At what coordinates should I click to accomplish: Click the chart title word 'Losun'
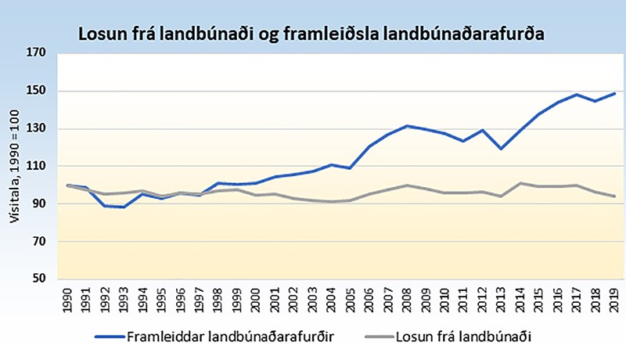point(99,34)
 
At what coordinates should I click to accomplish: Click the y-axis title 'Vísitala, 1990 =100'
point(14,166)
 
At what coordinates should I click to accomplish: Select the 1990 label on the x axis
point(69,301)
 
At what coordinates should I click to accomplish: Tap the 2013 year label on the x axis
point(498,301)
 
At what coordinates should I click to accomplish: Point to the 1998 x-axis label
point(218,301)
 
